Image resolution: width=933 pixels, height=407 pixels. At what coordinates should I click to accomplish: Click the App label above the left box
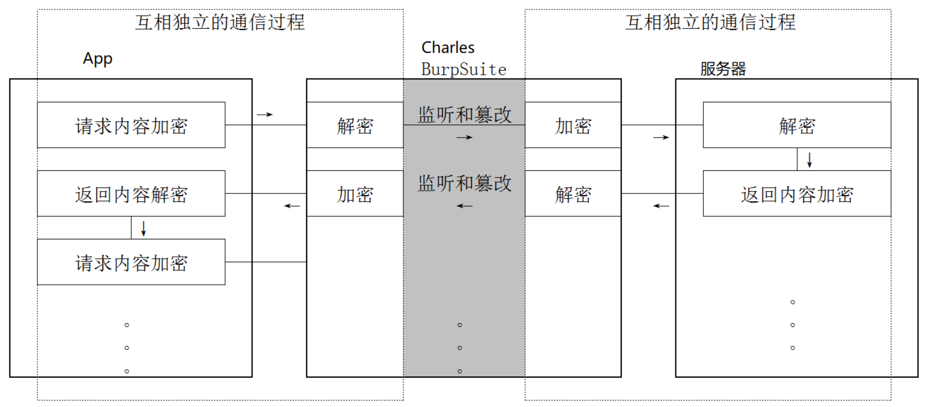(98, 59)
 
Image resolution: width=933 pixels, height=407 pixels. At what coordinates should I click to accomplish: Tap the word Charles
(448, 48)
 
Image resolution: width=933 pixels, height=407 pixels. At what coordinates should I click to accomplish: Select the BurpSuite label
(463, 69)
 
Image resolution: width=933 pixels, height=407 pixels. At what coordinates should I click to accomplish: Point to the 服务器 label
(723, 69)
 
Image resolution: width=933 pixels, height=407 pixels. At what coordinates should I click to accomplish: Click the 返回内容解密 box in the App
(131, 194)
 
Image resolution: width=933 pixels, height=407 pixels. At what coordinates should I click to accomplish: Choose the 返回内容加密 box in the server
(797, 194)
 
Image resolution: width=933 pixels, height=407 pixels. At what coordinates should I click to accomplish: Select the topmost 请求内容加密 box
(131, 125)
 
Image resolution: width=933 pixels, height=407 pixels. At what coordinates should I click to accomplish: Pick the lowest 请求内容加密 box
(131, 262)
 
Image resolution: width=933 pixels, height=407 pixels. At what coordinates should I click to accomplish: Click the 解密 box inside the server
(797, 125)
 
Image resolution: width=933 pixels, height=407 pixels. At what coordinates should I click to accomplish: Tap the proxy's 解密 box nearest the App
(355, 125)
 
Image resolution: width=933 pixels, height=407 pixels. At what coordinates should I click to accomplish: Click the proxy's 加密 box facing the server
(573, 125)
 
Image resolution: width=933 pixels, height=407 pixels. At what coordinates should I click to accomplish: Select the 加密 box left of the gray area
(355, 194)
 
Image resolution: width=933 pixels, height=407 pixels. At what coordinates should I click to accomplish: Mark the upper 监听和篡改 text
(464, 114)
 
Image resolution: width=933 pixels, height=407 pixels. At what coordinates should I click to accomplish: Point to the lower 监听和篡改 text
(464, 183)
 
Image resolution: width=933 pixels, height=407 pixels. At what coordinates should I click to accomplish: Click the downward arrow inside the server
(809, 160)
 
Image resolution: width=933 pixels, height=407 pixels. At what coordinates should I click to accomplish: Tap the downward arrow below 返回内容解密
(143, 228)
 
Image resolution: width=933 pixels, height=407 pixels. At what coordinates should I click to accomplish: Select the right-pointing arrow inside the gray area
(464, 138)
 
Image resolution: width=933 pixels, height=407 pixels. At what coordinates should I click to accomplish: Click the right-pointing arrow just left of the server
(661, 138)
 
